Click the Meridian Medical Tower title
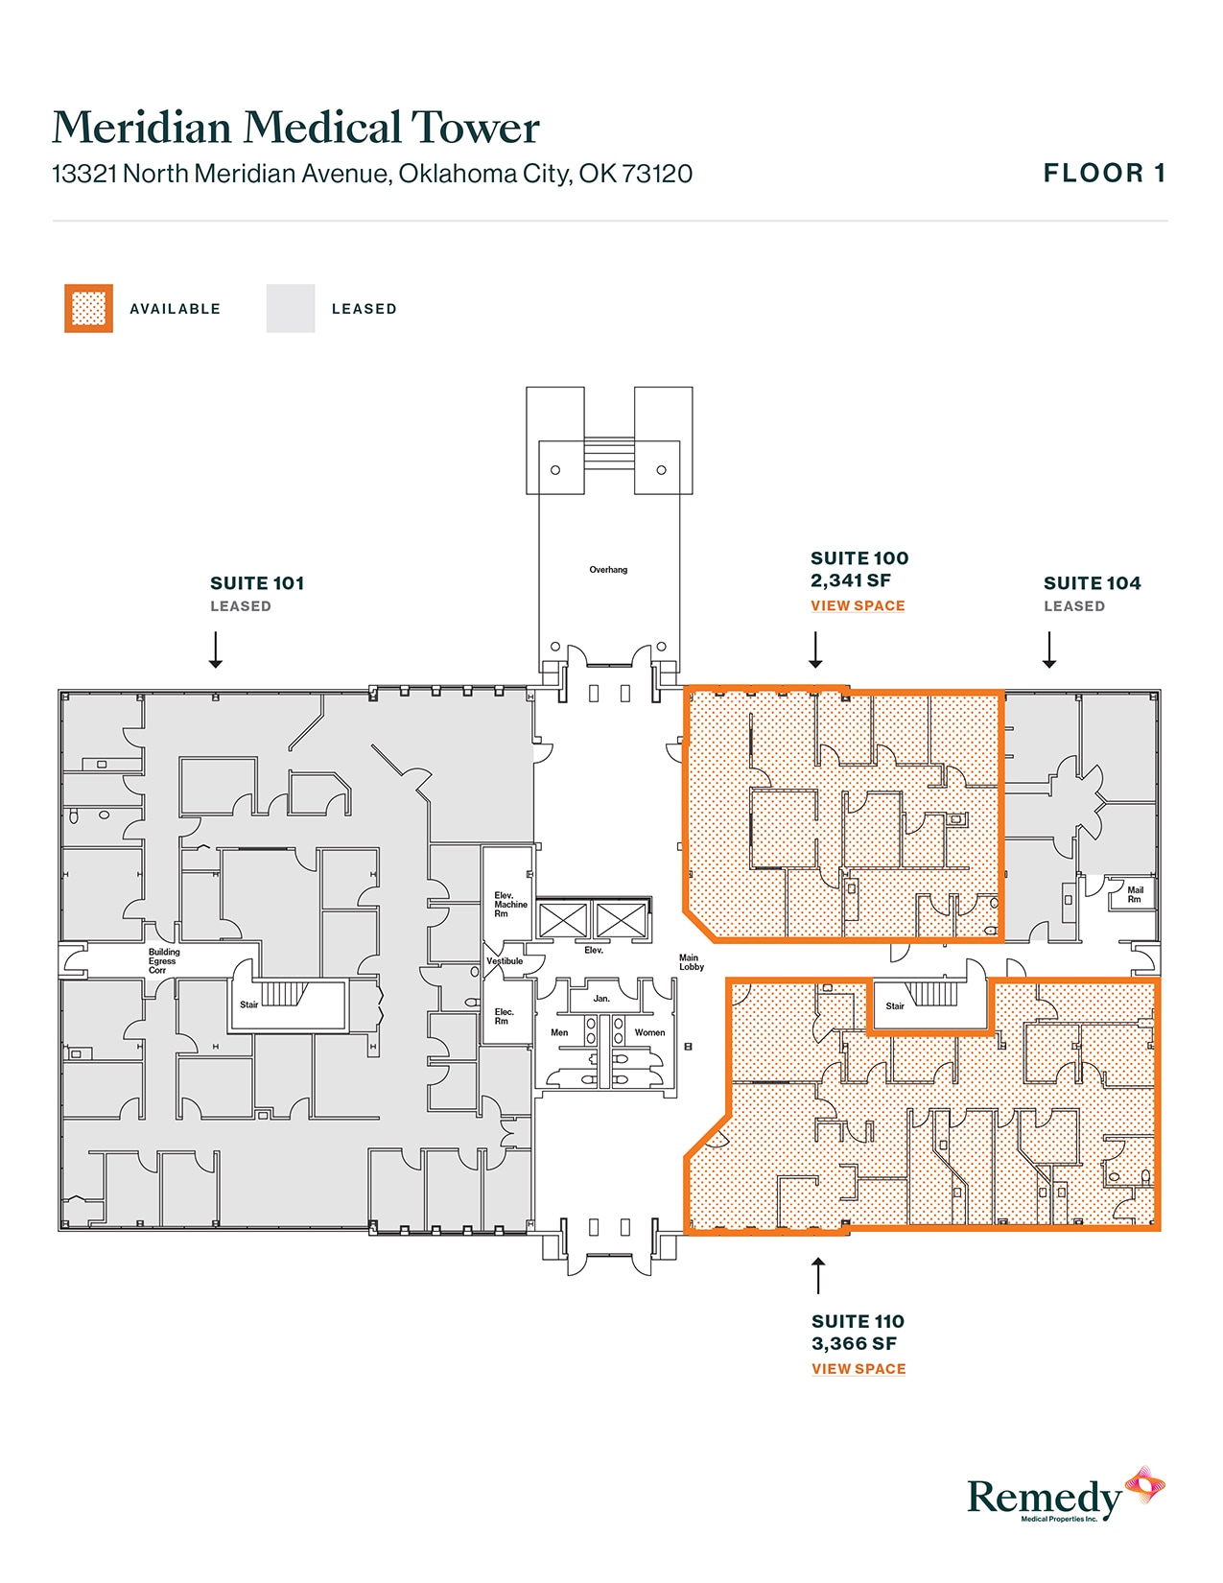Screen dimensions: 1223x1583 (x=295, y=128)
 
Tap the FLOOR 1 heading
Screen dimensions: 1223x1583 (x=1104, y=173)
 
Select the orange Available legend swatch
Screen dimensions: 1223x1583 (x=88, y=308)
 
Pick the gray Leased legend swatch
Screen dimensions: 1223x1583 (x=290, y=308)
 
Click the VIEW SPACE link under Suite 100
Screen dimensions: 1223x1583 (x=858, y=605)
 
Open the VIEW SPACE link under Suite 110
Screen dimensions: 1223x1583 (x=858, y=1369)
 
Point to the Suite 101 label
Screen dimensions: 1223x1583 (x=257, y=582)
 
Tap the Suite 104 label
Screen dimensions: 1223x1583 (x=1092, y=582)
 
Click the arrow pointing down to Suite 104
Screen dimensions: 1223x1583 (x=1049, y=650)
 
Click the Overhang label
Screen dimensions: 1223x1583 (x=608, y=570)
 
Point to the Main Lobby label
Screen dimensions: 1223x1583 (x=692, y=962)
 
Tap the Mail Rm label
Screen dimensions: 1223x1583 (x=1135, y=894)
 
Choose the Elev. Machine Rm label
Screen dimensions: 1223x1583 (x=510, y=904)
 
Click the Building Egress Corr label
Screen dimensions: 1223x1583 (x=164, y=961)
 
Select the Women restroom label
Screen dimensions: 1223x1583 (x=649, y=1032)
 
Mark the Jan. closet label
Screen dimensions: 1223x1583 (x=600, y=998)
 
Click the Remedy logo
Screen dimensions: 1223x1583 (x=1066, y=1495)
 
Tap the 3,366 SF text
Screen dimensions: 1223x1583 (x=853, y=1343)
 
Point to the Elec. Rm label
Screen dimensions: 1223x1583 (x=504, y=1016)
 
